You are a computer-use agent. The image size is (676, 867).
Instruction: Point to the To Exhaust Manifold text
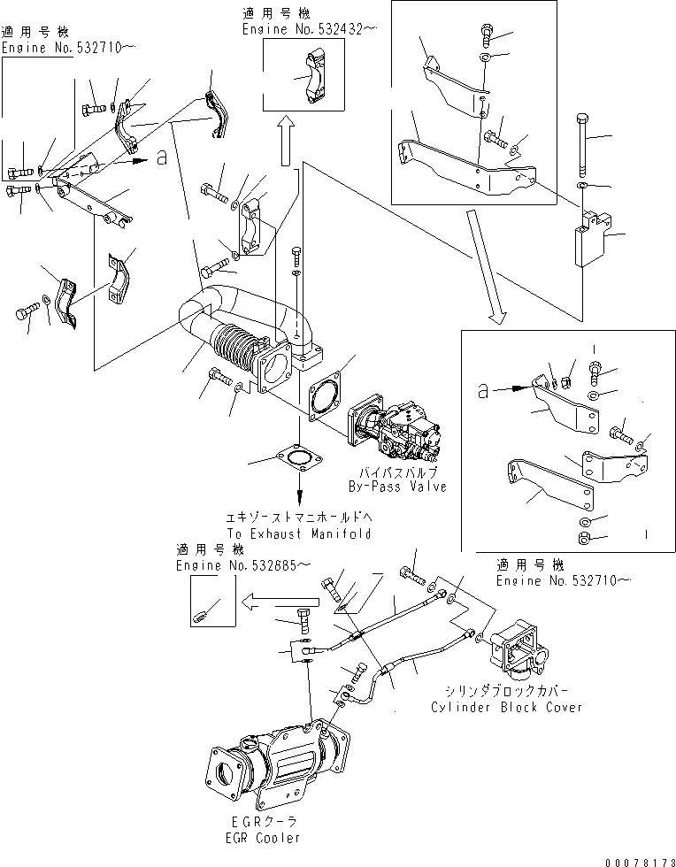pos(298,533)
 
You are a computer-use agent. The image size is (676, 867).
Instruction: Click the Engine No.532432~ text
pos(309,29)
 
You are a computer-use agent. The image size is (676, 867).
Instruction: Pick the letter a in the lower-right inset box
pos(482,387)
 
